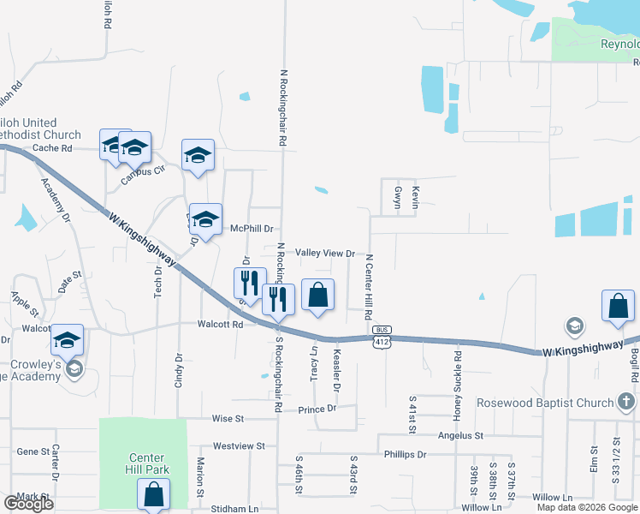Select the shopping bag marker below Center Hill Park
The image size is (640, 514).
(153, 494)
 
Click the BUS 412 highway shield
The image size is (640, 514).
(382, 336)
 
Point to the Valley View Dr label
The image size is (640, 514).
(325, 254)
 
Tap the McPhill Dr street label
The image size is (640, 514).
(252, 229)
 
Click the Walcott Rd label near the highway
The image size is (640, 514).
(221, 325)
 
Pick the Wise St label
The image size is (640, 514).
(228, 419)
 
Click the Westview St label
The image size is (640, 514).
(239, 446)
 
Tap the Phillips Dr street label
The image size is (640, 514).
(405, 454)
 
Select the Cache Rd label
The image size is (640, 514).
(54, 148)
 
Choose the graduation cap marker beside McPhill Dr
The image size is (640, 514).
(205, 219)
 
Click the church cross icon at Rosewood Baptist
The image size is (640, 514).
(625, 402)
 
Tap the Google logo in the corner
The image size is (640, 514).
(29, 503)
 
